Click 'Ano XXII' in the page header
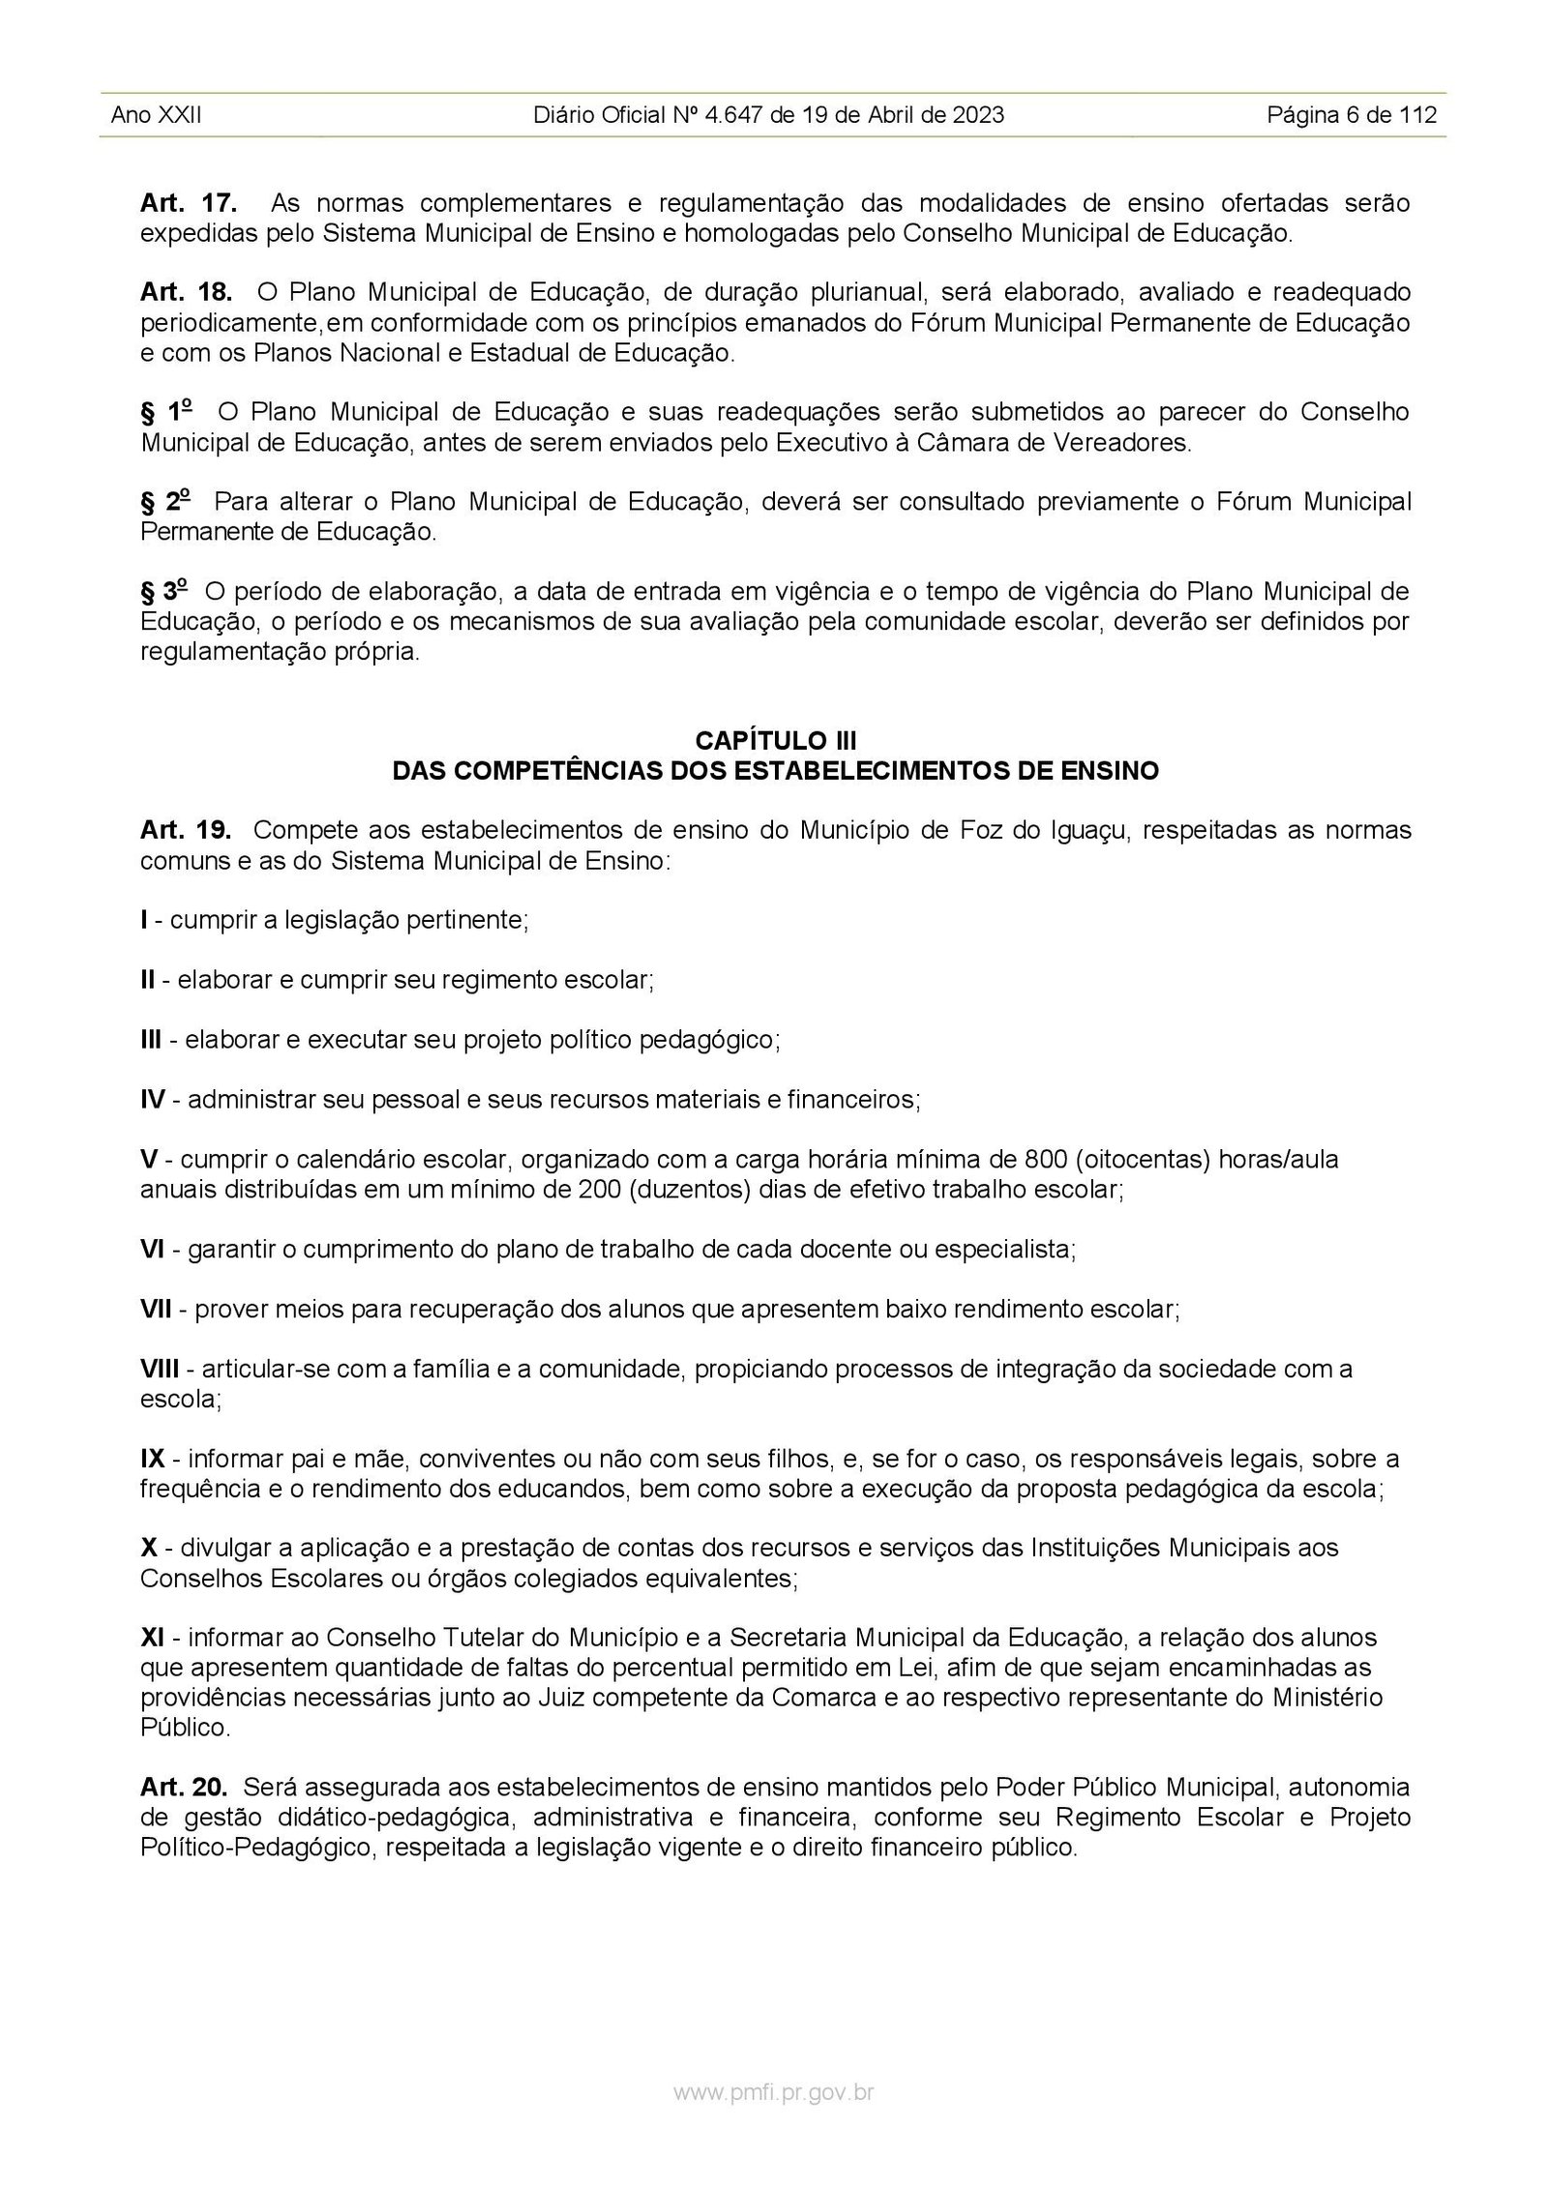156,116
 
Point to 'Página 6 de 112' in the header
1352,116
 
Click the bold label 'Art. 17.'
189,203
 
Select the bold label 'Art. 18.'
187,292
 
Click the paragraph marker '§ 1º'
165,412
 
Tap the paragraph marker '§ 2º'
165,502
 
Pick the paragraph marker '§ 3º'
165,591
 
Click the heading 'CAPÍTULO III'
775,741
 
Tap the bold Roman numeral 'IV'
153,1100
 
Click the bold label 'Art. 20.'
186,1787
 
